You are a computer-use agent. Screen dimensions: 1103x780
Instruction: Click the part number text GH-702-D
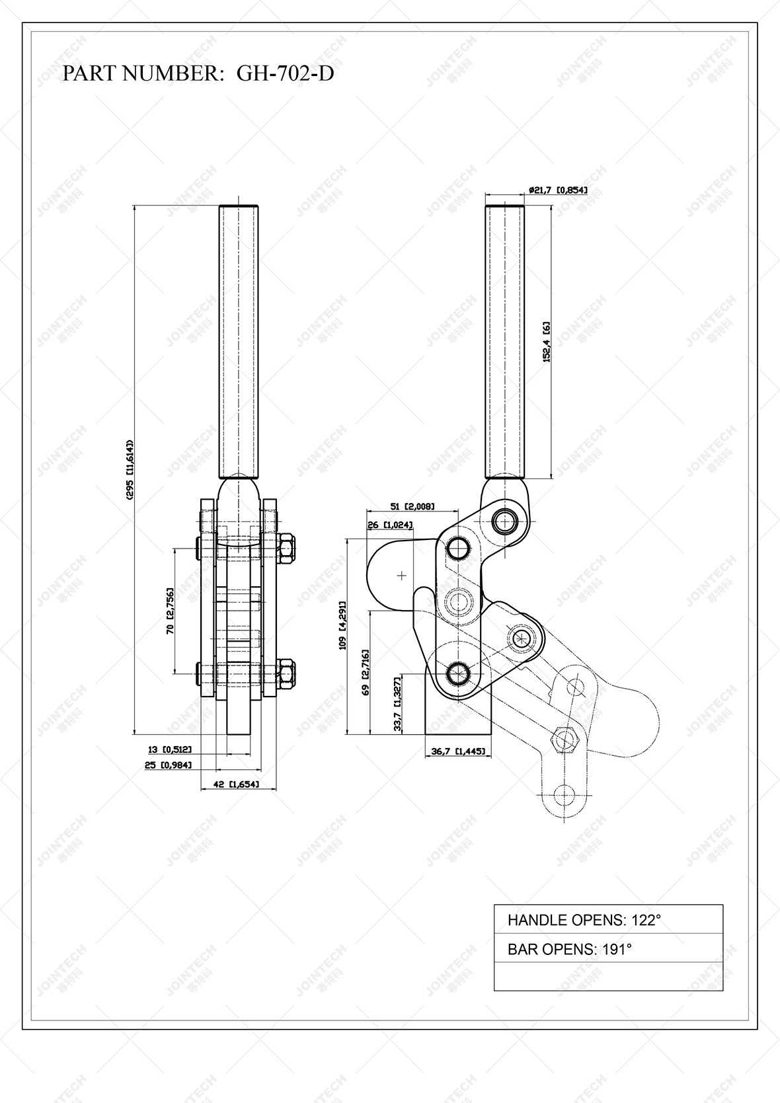[x=285, y=73]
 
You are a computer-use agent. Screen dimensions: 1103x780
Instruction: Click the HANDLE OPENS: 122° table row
[x=608, y=919]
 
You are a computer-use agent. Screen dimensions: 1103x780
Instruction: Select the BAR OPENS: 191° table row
[x=608, y=949]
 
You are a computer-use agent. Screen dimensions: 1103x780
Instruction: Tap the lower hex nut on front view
[x=287, y=673]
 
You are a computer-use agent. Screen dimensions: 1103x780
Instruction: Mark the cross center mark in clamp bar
[x=402, y=576]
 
